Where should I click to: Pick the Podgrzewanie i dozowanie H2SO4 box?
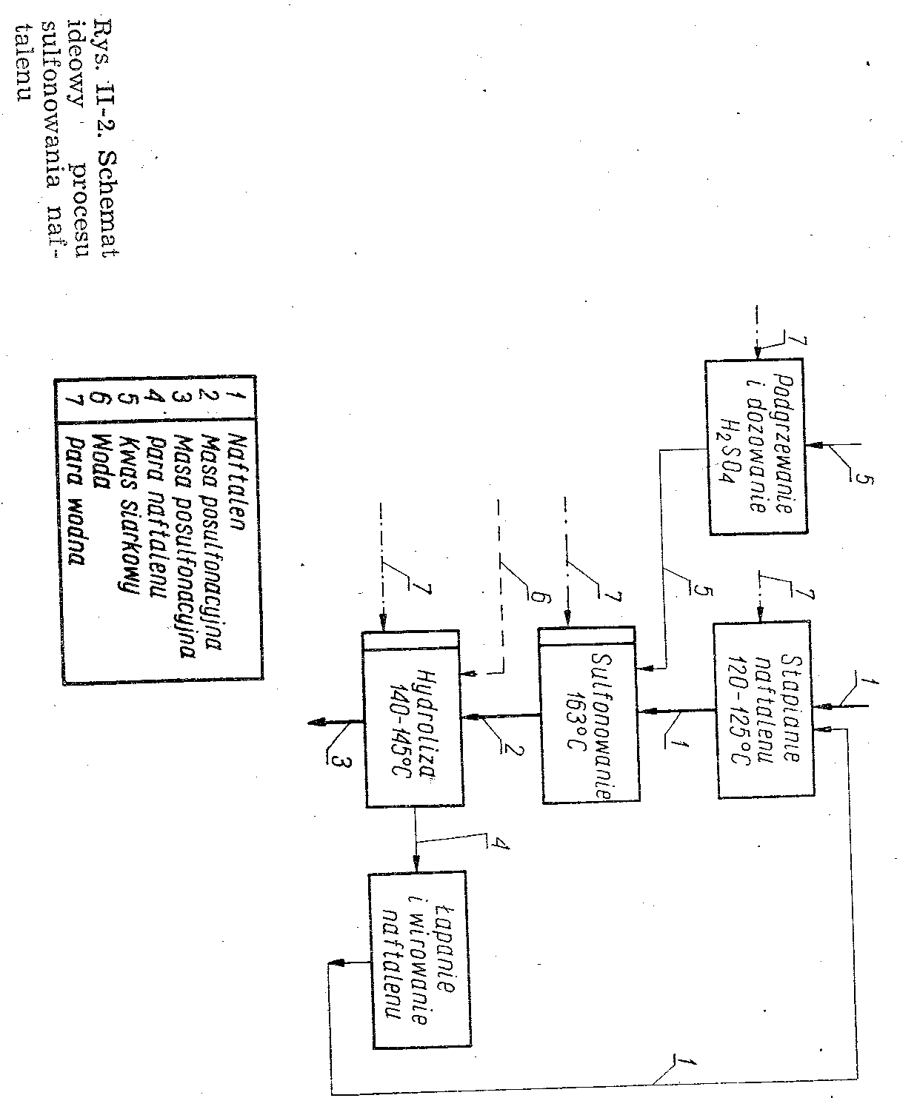tap(756, 447)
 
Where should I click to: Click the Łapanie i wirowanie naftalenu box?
tap(419, 960)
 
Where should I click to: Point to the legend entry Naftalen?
tap(236, 474)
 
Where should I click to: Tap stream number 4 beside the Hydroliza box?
tap(501, 842)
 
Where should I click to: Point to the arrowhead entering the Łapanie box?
tap(416, 865)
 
